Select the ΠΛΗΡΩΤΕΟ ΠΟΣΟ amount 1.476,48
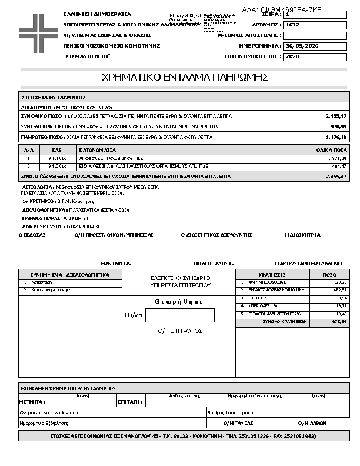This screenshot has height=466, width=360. [x=336, y=137]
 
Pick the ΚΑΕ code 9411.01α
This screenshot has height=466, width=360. [x=58, y=159]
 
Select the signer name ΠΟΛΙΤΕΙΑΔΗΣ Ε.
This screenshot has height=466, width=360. [x=214, y=264]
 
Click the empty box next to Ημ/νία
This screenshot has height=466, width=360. [x=179, y=315]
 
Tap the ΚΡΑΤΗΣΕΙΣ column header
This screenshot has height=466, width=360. [x=272, y=275]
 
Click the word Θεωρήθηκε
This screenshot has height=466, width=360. [x=179, y=301]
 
